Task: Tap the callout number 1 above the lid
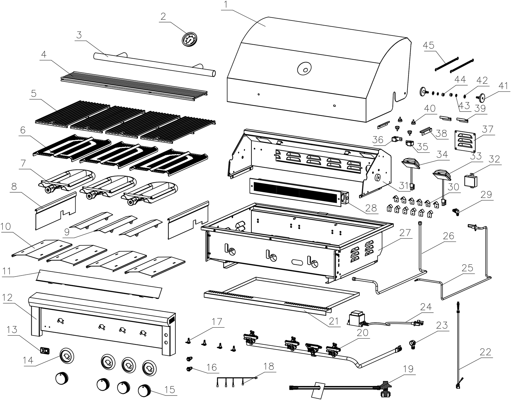pos(226,5)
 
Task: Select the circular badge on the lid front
pos(304,69)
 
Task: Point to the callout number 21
pos(334,321)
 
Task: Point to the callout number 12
pos(7,297)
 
